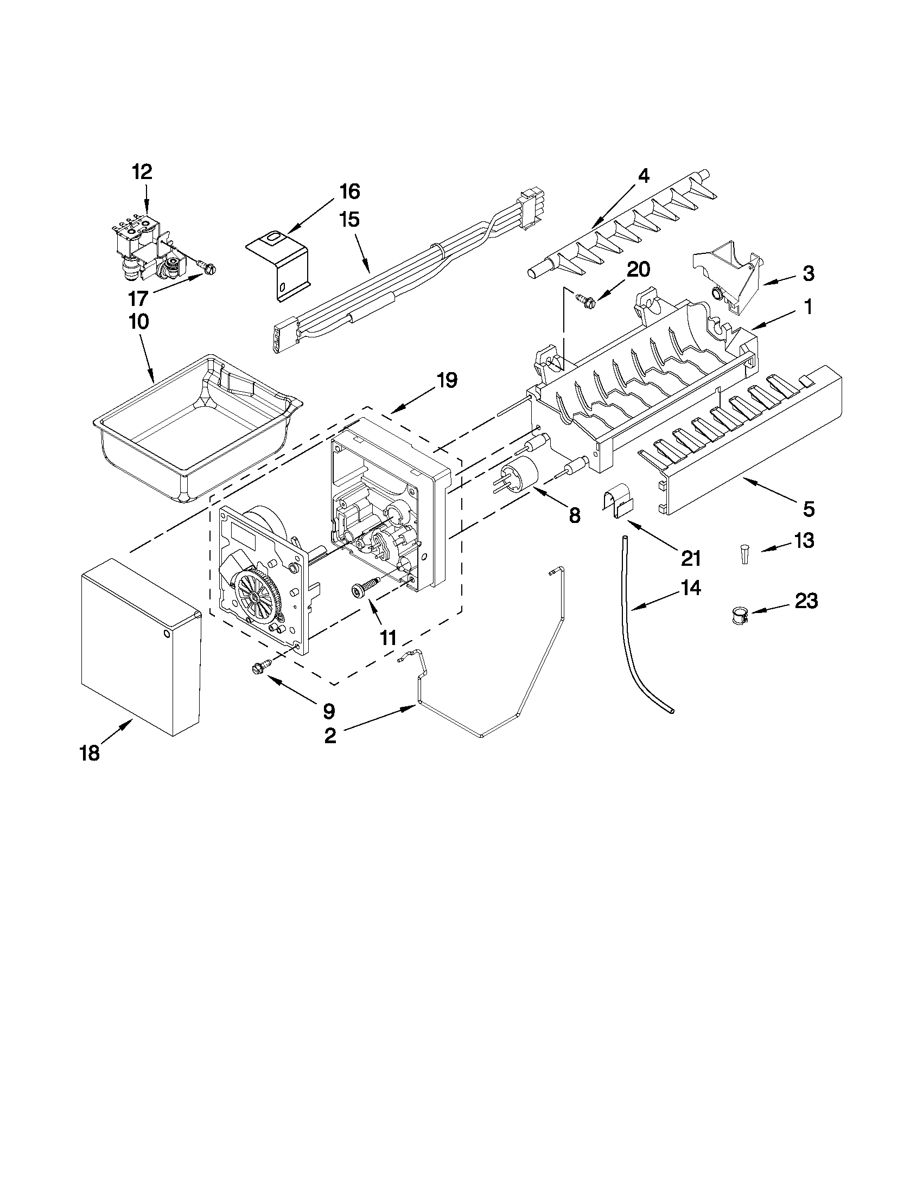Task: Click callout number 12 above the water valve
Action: point(142,172)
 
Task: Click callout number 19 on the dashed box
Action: point(447,380)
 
